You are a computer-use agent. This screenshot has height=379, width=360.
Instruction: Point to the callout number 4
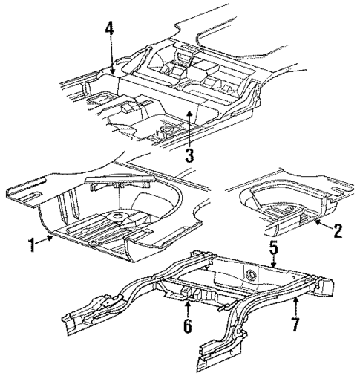click(109, 29)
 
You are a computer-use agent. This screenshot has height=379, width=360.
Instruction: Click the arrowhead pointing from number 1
click(53, 236)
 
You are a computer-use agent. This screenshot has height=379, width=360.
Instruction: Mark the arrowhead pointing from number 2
click(314, 220)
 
